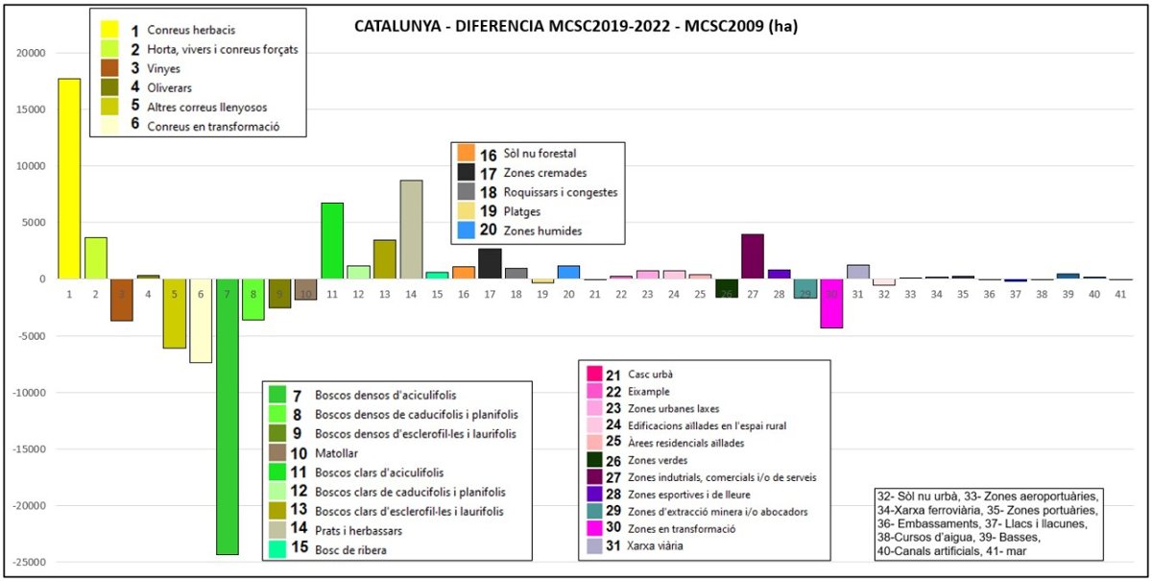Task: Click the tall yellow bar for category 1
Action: tap(69, 179)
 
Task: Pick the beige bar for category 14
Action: tap(411, 230)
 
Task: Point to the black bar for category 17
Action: tap(490, 264)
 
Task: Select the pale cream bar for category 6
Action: tap(201, 321)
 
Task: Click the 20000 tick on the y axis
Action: tap(34, 53)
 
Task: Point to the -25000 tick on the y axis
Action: tap(31, 563)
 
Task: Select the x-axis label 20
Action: tap(568, 295)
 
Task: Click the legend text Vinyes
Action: tap(163, 69)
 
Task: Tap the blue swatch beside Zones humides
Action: tap(465, 230)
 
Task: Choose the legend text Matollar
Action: tap(336, 452)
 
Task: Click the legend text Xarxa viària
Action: tap(659, 547)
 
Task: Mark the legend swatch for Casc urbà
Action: tap(594, 375)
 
